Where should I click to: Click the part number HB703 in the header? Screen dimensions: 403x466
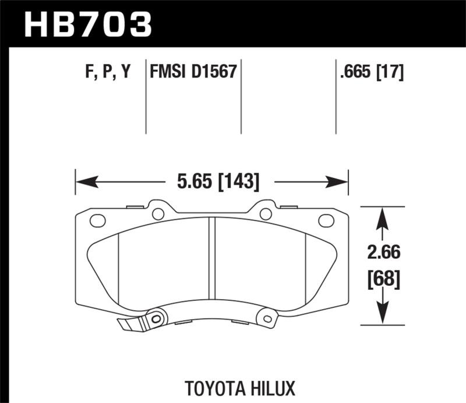click(x=87, y=24)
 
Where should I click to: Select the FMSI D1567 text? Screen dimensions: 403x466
click(x=193, y=72)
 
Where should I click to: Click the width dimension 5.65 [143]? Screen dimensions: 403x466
click(x=217, y=182)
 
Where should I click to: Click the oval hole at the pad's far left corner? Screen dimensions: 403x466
click(x=98, y=221)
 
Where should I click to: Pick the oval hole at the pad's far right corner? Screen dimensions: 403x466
click(x=326, y=220)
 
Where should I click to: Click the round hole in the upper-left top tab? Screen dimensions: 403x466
click(x=158, y=213)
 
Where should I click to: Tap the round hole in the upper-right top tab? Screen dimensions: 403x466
click(x=266, y=213)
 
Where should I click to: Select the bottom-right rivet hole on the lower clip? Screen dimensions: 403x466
click(x=267, y=318)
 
